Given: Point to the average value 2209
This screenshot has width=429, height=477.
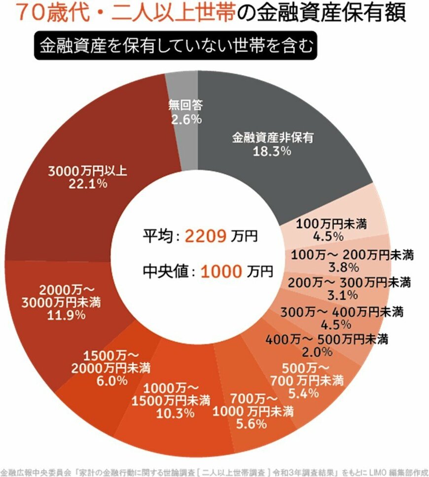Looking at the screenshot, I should [206, 236].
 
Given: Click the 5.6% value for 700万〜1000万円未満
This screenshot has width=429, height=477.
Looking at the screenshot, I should [252, 423].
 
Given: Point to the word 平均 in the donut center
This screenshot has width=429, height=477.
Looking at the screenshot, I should [157, 236].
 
